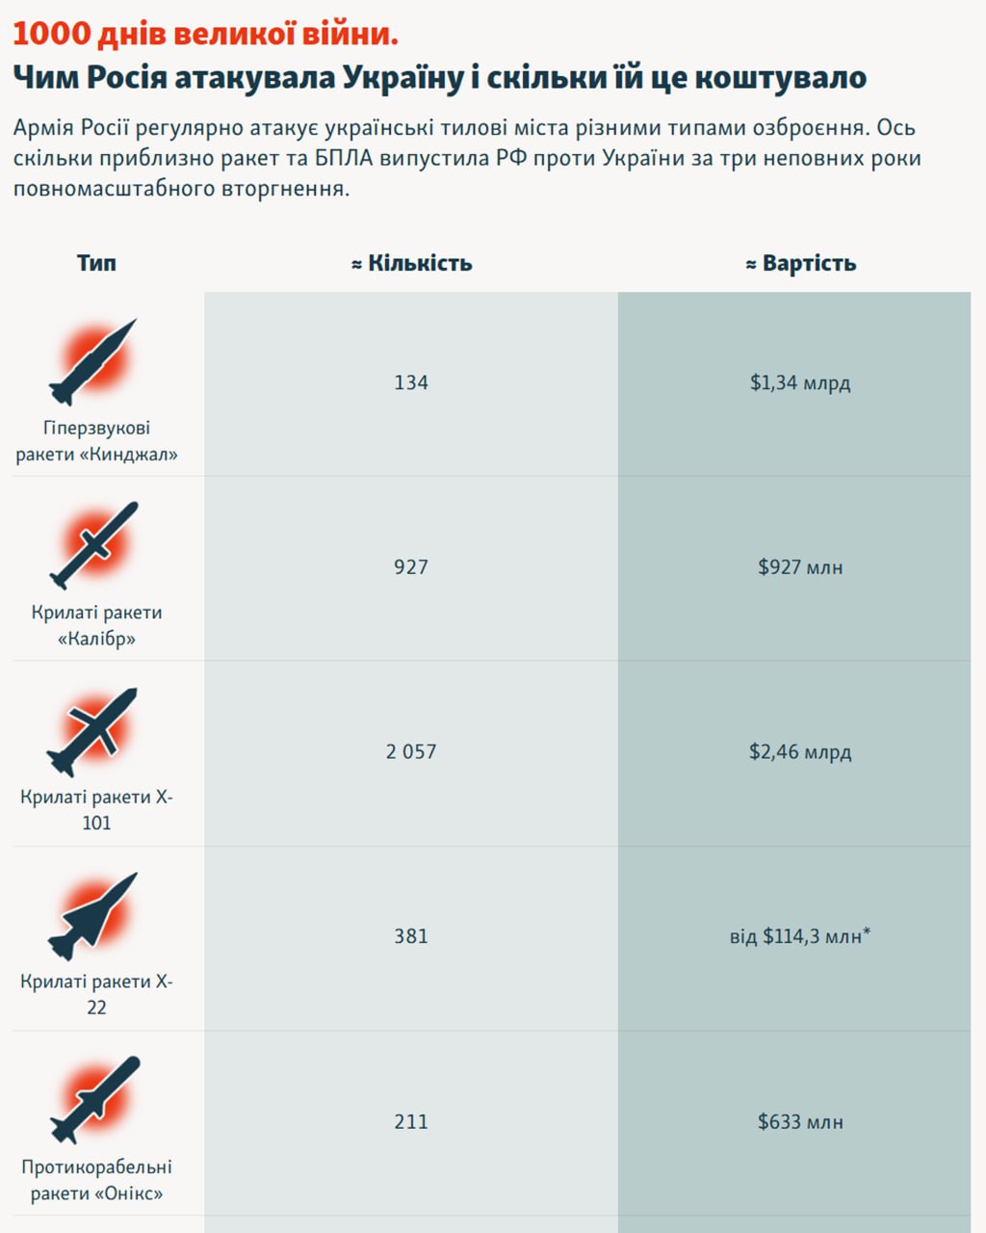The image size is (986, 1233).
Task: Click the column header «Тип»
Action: [96, 263]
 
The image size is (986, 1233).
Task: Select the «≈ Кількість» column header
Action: [411, 263]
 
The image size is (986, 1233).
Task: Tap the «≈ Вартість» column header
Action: [800, 263]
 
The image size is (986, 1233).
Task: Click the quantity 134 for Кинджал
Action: [411, 382]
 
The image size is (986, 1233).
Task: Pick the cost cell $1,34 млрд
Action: [800, 382]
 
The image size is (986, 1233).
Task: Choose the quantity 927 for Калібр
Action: [411, 566]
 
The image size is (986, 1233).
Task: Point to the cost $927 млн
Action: [800, 566]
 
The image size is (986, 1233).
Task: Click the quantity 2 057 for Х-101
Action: [411, 751]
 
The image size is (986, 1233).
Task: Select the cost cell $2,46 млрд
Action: [800, 751]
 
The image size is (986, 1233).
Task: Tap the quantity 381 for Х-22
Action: [411, 935]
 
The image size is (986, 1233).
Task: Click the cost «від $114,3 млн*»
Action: [800, 935]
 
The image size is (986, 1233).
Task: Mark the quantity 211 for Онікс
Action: [411, 1121]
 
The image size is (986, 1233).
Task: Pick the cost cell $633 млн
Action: [800, 1121]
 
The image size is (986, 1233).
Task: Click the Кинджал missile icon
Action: [93, 362]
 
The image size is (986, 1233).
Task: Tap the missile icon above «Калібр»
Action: [93, 545]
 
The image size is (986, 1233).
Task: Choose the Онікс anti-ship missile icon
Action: [94, 1100]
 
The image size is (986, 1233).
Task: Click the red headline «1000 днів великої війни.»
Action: [205, 35]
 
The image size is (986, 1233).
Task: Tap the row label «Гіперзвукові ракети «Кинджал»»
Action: [96, 441]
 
